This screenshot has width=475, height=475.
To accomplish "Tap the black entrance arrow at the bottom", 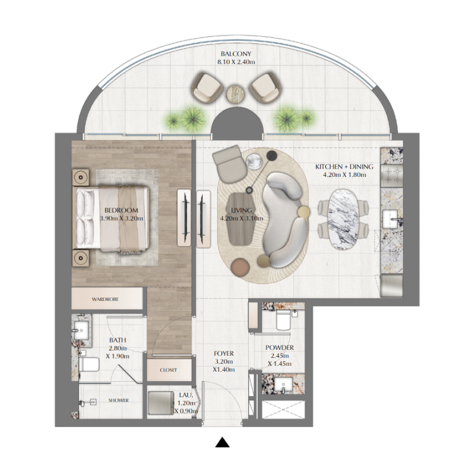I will (x=222, y=442).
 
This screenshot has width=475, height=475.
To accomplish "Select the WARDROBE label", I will (x=105, y=299).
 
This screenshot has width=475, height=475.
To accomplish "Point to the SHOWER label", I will (x=118, y=400).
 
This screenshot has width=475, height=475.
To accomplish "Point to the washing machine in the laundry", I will (x=160, y=402).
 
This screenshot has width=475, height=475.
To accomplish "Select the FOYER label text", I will (x=224, y=353).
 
